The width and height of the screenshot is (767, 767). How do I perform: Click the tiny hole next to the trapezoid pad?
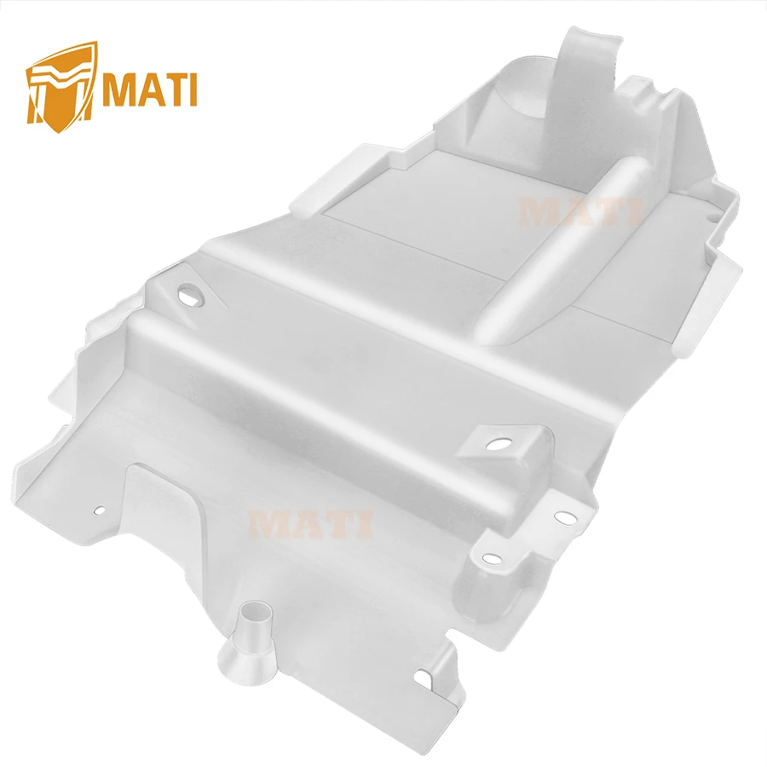click(100, 511)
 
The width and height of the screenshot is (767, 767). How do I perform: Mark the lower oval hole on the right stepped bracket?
click(491, 558)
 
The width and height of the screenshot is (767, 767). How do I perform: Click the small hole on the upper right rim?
click(711, 216)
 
